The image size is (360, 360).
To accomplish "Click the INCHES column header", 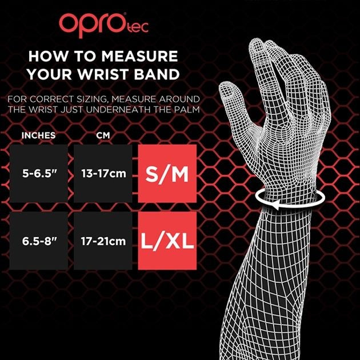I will click(x=38, y=136).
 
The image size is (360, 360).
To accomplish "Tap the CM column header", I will click(x=102, y=136).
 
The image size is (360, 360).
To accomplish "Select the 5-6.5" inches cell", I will click(x=38, y=173).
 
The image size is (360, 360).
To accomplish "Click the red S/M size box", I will click(x=167, y=173).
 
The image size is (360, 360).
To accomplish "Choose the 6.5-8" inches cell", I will click(x=38, y=241).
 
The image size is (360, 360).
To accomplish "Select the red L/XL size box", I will click(x=167, y=241).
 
